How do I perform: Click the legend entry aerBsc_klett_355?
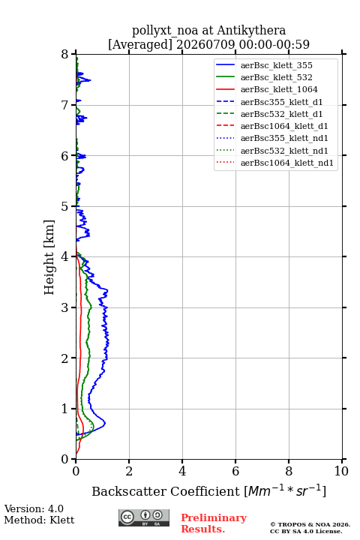click(276, 65)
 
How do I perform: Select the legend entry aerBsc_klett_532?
click(276, 77)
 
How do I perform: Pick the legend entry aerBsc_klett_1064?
click(279, 89)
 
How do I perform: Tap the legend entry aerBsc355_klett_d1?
click(281, 102)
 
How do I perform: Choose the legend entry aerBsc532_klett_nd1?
click(284, 151)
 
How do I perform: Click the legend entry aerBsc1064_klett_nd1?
click(287, 163)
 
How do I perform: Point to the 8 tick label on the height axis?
click(65, 54)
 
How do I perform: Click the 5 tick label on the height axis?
click(65, 206)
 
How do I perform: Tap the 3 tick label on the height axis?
click(65, 307)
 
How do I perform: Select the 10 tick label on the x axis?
click(341, 471)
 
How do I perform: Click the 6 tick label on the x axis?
click(235, 471)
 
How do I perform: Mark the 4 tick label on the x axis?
click(182, 471)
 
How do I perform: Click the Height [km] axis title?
click(49, 257)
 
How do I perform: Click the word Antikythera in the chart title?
click(251, 31)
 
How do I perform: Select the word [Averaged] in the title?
click(140, 44)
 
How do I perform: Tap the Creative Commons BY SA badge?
click(144, 518)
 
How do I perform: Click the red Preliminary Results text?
click(214, 523)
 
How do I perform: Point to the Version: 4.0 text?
click(34, 508)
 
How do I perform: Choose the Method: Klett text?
click(39, 520)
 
